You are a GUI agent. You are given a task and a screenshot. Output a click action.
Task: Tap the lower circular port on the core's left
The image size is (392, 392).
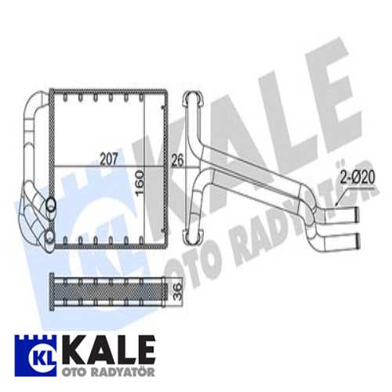(50, 232)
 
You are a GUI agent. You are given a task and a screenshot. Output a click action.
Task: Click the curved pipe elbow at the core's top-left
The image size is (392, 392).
(35, 102)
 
